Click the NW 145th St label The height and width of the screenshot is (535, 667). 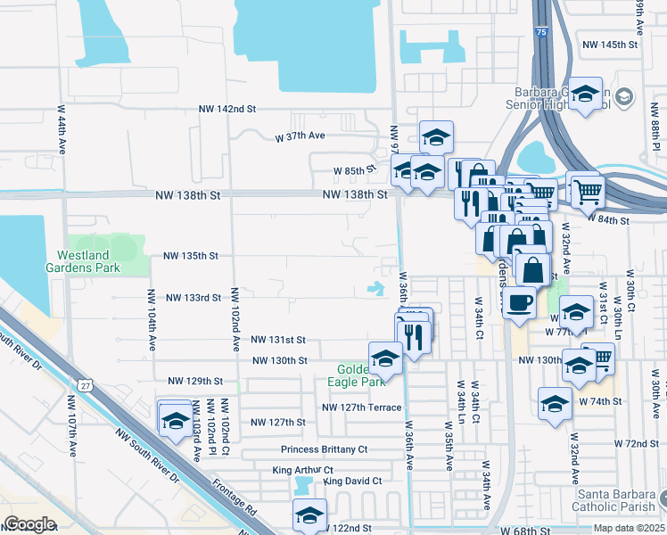tap(610, 45)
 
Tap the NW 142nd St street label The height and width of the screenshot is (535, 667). tap(227, 109)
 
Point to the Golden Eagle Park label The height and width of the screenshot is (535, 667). tap(360, 375)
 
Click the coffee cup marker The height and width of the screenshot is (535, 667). tap(521, 301)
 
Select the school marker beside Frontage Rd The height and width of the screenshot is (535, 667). tap(175, 418)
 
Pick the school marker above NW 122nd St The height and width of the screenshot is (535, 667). tap(309, 514)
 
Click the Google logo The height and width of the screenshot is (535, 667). tap(29, 524)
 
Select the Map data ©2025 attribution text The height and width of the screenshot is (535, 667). tap(628, 528)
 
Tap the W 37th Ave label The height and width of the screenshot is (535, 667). tap(300, 136)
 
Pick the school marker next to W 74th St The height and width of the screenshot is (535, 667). tap(555, 402)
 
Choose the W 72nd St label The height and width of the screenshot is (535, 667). tap(630, 443)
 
